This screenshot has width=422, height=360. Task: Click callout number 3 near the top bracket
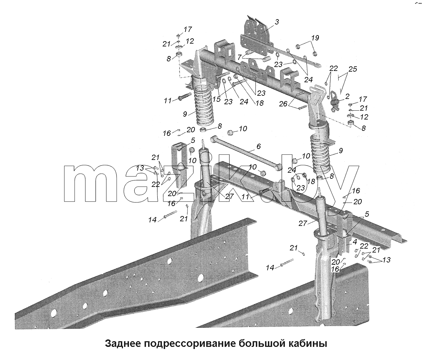click(277, 22)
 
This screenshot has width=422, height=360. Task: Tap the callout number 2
click(348, 96)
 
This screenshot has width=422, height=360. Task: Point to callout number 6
click(258, 146)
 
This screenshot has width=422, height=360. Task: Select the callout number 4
click(355, 242)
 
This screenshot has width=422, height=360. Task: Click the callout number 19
click(315, 38)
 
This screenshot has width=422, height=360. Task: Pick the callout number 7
click(239, 57)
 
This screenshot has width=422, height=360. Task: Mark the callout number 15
click(216, 99)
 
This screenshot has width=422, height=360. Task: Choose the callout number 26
click(283, 104)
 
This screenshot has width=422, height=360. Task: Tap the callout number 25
click(353, 69)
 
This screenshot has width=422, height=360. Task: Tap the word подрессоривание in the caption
click(190, 344)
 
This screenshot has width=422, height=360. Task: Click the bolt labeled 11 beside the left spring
click(184, 97)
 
